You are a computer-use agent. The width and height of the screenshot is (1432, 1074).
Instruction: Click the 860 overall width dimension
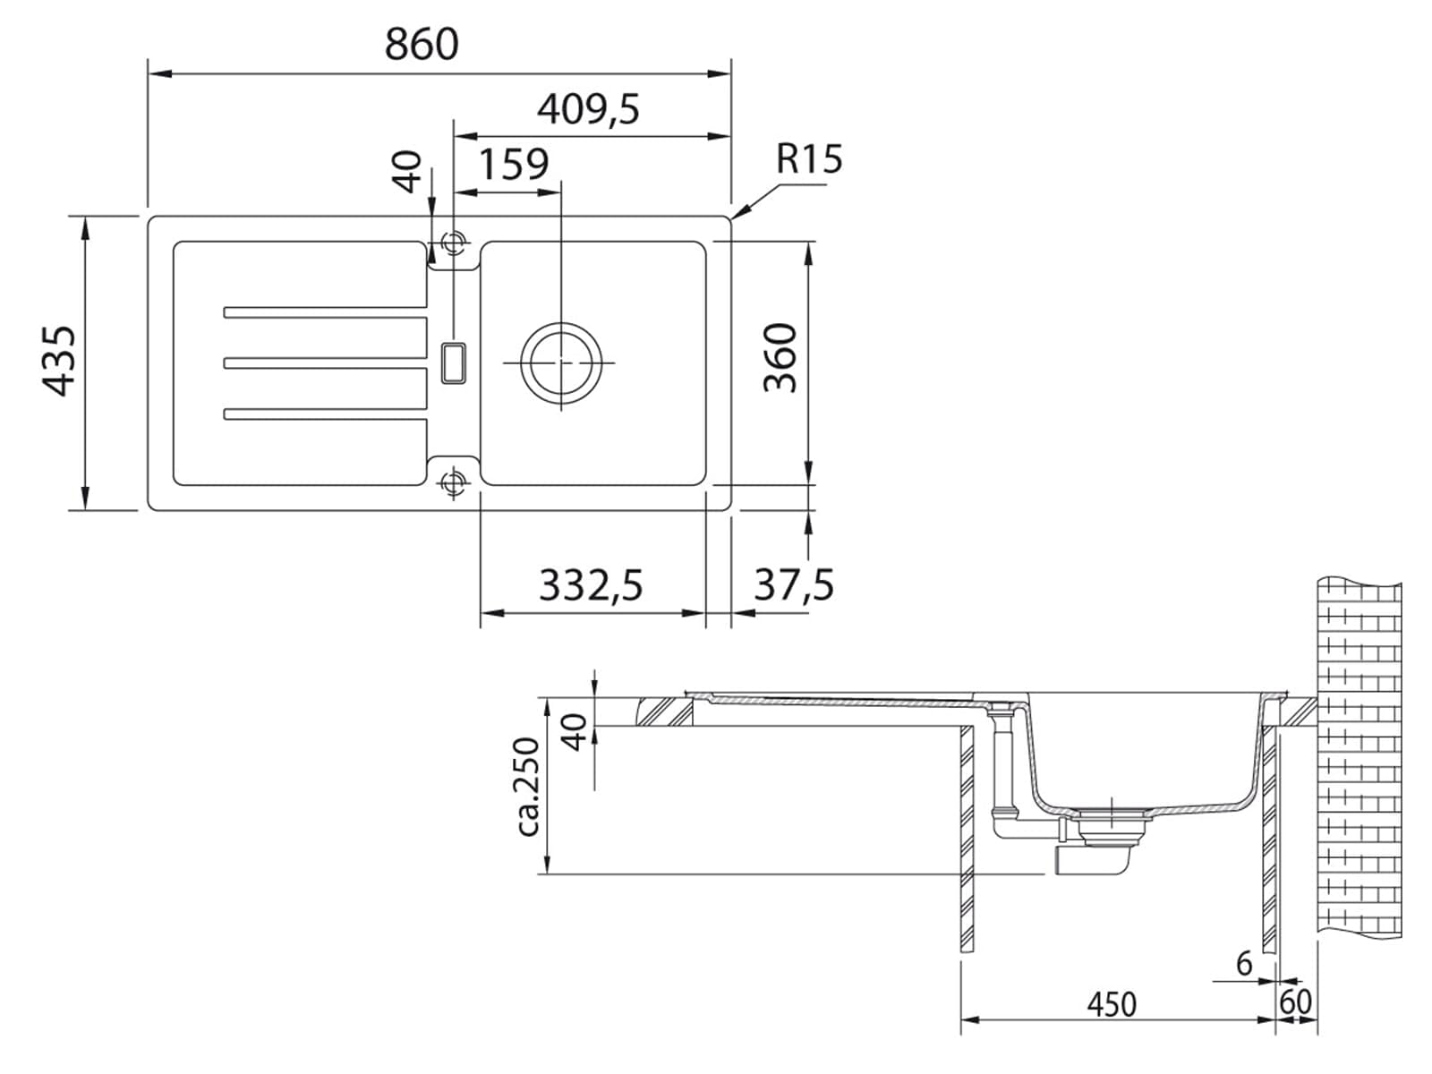pos(422,45)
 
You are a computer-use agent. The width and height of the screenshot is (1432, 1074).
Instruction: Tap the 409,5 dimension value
pos(588,109)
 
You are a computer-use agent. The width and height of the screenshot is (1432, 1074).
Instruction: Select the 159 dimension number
pos(514,164)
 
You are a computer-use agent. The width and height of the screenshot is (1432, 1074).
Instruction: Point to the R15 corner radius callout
pos(809,158)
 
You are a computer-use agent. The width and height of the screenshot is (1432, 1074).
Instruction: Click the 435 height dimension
pos(59,361)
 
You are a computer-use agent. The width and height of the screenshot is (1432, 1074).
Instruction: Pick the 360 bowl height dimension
pos(780,357)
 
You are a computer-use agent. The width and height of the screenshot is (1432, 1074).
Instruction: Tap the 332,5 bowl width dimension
pos(591,585)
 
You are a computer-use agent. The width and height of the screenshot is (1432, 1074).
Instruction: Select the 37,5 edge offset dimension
pos(794,585)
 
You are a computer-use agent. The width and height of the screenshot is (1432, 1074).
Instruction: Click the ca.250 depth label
pos(527,787)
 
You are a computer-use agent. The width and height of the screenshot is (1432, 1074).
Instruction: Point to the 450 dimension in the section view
pos(1112,1004)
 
